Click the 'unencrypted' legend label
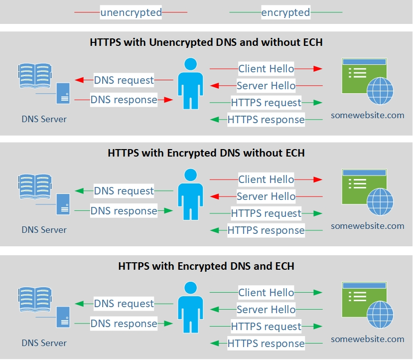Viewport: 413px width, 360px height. click(x=131, y=12)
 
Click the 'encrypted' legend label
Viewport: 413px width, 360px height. click(x=285, y=12)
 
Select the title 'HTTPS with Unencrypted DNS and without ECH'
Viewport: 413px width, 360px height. click(x=206, y=42)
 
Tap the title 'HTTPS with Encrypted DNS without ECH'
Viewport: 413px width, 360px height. click(x=206, y=153)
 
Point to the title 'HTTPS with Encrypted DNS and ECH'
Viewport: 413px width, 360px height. click(x=206, y=266)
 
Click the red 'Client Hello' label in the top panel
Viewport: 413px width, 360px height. click(x=266, y=69)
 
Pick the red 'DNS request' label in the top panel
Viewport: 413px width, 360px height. click(x=124, y=80)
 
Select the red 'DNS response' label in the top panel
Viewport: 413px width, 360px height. click(x=124, y=100)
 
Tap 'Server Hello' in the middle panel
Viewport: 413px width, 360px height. click(x=266, y=196)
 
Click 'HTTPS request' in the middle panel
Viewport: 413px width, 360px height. click(x=266, y=213)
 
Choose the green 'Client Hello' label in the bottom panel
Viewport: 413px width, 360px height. click(x=266, y=293)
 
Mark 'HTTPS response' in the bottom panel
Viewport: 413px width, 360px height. click(x=266, y=343)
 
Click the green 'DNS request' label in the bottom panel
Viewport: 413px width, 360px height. click(x=124, y=304)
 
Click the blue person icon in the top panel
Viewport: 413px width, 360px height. click(x=190, y=83)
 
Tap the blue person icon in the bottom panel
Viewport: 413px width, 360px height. click(x=190, y=307)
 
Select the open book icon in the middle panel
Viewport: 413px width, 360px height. click(x=35, y=187)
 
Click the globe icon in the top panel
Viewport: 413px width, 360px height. click(x=380, y=91)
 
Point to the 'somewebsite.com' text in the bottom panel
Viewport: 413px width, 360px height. click(x=368, y=339)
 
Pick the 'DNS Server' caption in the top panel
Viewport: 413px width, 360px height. click(x=44, y=119)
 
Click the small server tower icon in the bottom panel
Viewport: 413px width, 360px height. click(x=63, y=317)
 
